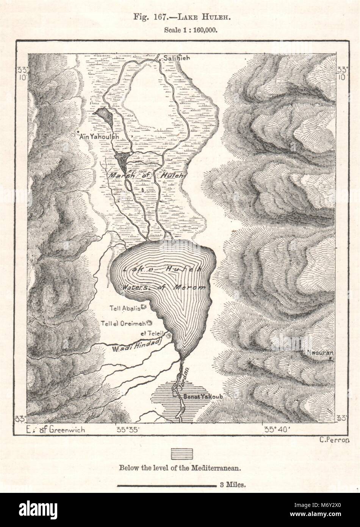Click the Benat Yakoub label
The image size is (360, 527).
[x=196, y=397]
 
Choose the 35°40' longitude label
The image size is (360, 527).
[x=278, y=430]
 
